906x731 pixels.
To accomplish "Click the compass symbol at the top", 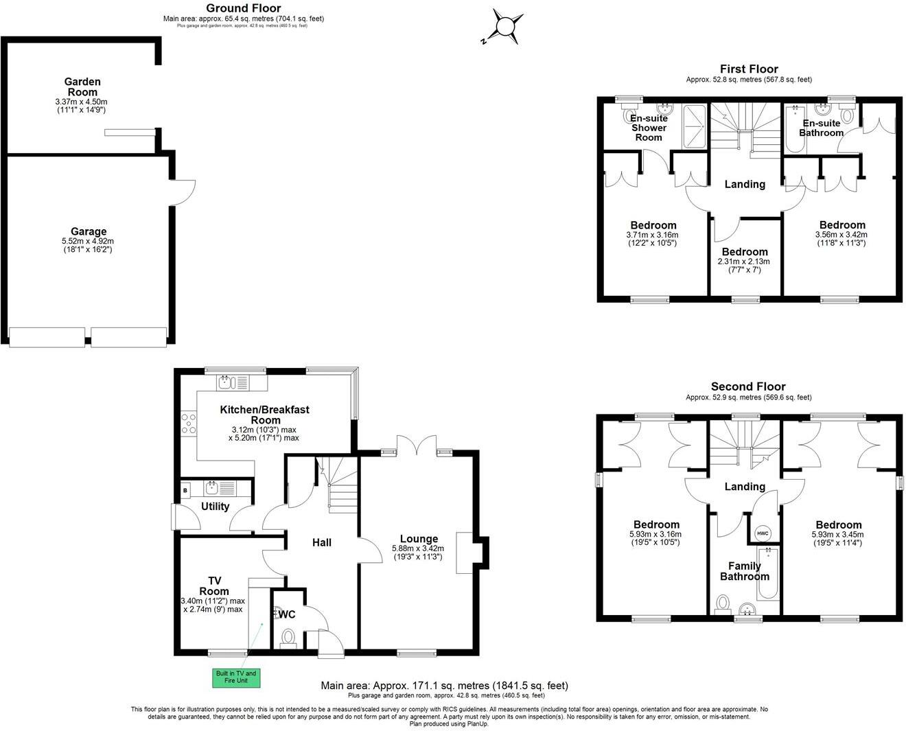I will click(x=506, y=27).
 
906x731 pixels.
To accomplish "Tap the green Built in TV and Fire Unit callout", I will click(x=235, y=677).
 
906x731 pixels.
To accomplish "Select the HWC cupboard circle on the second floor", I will click(x=763, y=533).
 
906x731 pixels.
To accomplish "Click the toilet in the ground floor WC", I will click(x=288, y=636).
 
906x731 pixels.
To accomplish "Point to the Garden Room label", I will click(x=82, y=87).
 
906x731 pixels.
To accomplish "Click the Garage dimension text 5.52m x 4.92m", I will click(x=87, y=242).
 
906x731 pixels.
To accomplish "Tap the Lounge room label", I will click(x=418, y=539).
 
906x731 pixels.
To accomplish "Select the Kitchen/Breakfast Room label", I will click(x=264, y=415).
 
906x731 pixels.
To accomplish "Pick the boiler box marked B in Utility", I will click(x=185, y=490).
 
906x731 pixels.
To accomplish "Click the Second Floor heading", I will click(x=748, y=386).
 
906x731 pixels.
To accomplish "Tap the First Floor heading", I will click(x=749, y=69).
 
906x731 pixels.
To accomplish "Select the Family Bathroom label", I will click(x=745, y=571).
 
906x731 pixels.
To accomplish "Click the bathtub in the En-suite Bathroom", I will click(x=793, y=130).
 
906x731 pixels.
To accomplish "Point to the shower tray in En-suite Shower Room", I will click(x=695, y=126).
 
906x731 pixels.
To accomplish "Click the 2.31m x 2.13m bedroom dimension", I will click(x=745, y=262).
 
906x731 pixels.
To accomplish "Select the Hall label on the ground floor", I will click(x=322, y=542).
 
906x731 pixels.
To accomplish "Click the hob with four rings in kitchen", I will click(x=188, y=423).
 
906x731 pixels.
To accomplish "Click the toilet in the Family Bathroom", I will click(x=722, y=603).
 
